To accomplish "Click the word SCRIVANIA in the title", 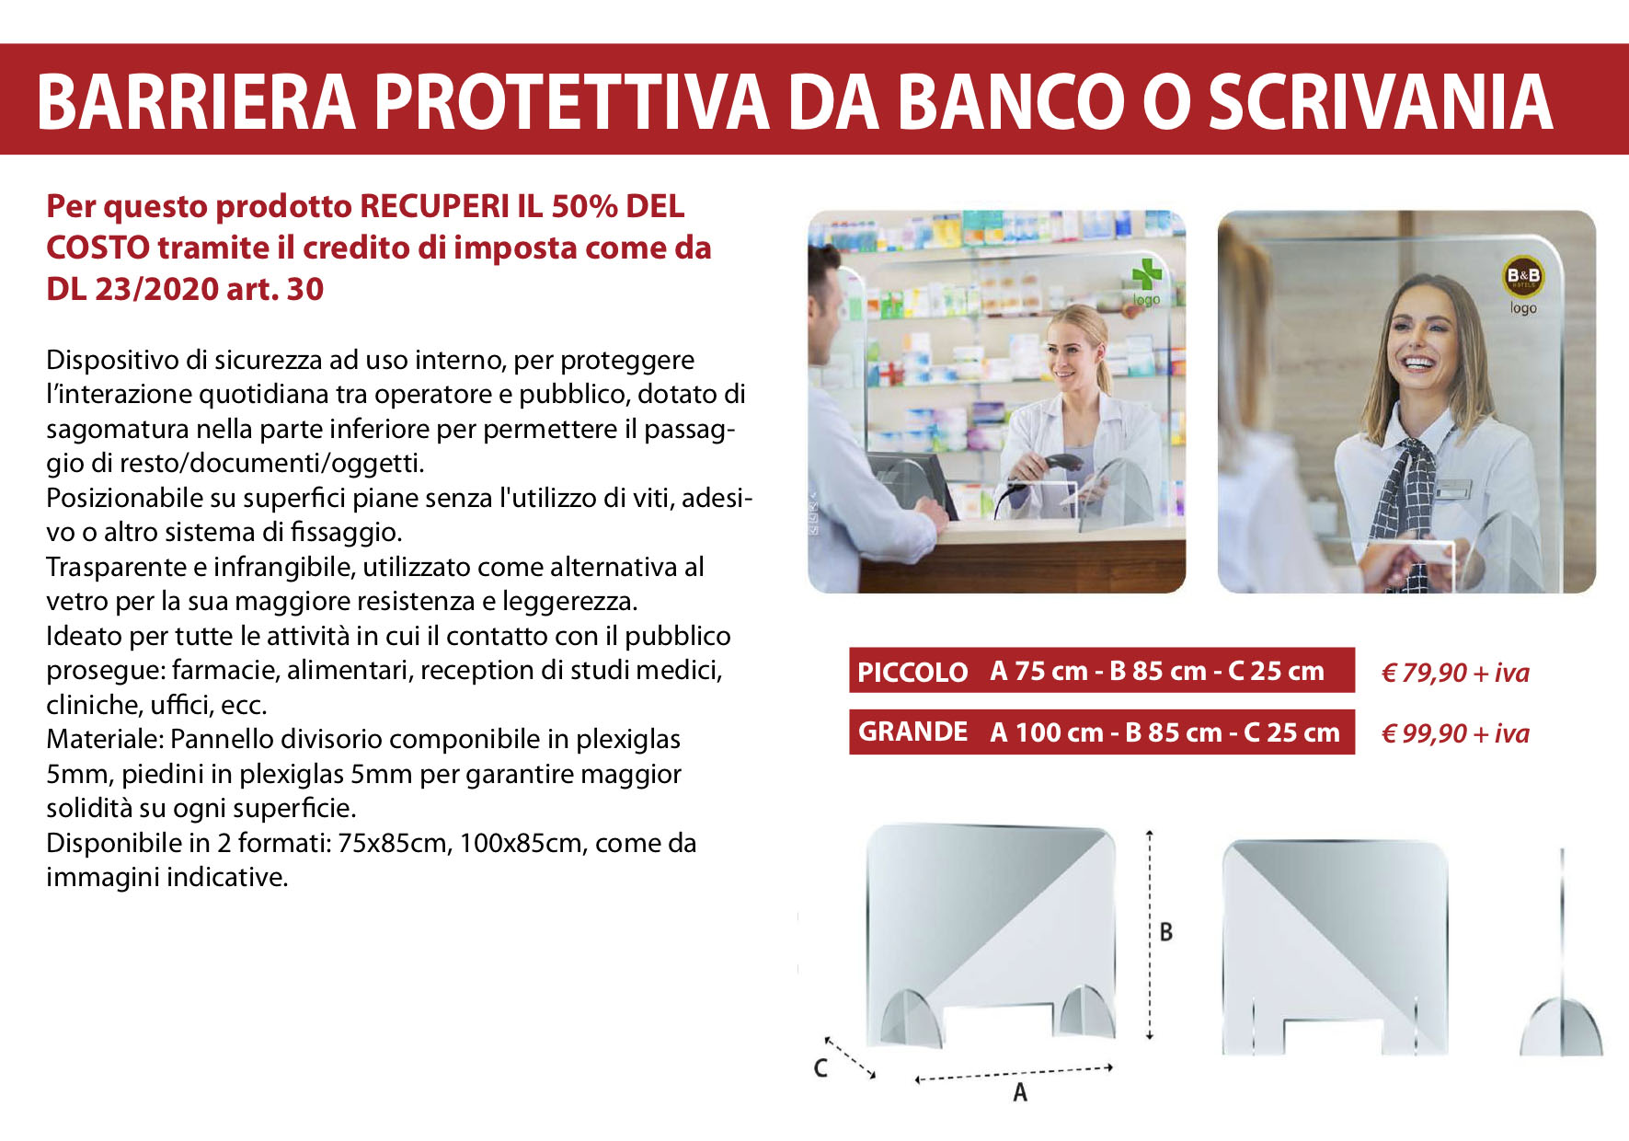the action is (x=1380, y=101).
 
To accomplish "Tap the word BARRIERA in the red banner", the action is (x=196, y=101).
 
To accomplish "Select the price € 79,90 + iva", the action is (x=1455, y=673).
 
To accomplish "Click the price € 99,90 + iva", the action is (x=1455, y=733).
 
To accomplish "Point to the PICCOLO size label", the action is (x=912, y=672).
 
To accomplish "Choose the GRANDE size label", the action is (x=912, y=732).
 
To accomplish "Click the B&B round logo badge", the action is (x=1523, y=275).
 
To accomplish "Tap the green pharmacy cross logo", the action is (x=1146, y=273).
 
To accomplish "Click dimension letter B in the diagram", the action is (x=1166, y=932).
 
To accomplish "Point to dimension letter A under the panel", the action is (x=1019, y=1092).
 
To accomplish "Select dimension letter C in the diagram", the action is (x=821, y=1067).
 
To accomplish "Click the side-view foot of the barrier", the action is (x=1561, y=1025).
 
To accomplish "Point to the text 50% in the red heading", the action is (x=584, y=206).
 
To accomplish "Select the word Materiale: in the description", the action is (x=105, y=739).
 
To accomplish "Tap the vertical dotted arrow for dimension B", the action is (x=1149, y=935).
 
